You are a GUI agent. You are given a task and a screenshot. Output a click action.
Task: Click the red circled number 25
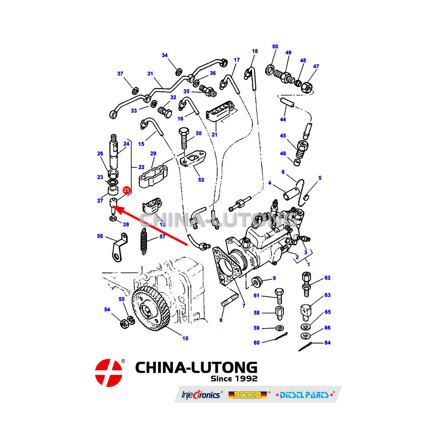[126, 190]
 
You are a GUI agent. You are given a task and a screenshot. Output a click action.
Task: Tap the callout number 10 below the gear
[185, 338]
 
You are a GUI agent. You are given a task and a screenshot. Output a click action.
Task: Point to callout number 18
[255, 51]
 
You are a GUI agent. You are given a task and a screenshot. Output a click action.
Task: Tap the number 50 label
[275, 46]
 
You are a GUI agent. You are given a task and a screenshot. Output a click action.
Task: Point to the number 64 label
[327, 342]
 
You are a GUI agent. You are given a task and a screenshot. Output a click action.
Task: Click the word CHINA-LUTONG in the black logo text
[196, 368]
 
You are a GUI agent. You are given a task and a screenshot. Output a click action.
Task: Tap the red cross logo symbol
[109, 373]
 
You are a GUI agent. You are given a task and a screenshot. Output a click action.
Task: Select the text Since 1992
[234, 379]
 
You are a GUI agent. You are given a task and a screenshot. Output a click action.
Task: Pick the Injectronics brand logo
[201, 395]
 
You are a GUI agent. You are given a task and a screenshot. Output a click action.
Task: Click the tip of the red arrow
[114, 207]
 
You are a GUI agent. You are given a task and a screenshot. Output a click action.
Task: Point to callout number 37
[120, 73]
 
